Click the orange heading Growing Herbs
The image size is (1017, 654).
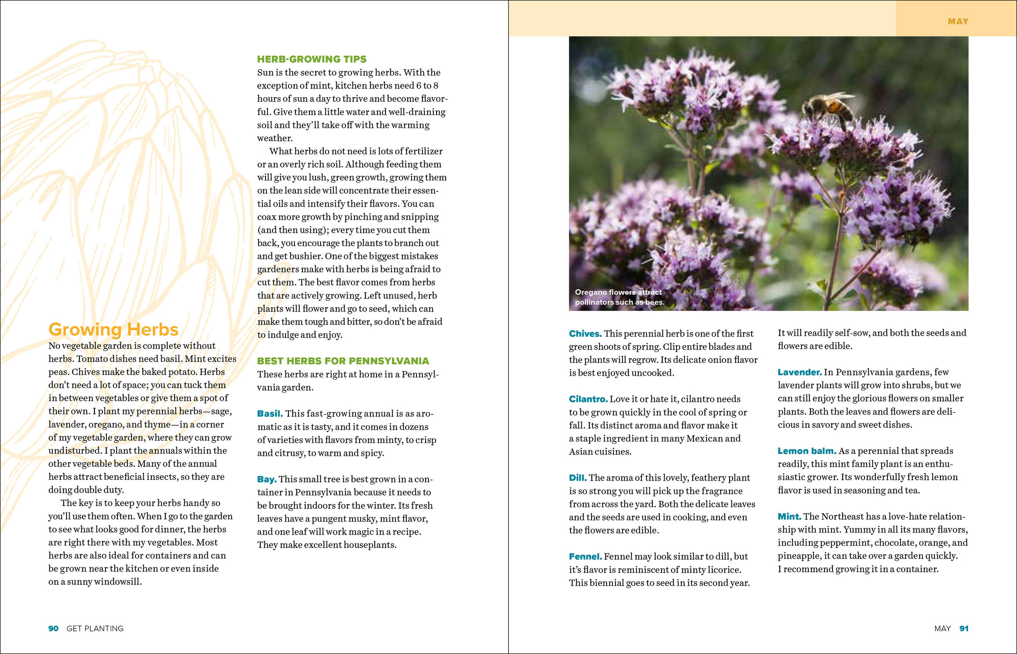coord(113,330)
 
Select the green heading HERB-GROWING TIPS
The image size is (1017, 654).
coord(311,59)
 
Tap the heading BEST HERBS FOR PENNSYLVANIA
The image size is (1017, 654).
coord(343,361)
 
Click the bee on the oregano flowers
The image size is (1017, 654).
coord(828,106)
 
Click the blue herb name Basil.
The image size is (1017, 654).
coord(270,414)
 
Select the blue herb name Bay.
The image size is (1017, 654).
coord(266,479)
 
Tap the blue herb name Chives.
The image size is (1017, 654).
coord(585,334)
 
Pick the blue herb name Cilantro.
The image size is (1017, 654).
coord(588,399)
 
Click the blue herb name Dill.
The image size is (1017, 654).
coord(577,478)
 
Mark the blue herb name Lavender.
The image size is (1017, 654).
coord(799,373)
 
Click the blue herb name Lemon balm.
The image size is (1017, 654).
coord(807,451)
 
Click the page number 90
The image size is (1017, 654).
coord(54,629)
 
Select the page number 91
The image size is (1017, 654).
coord(964,629)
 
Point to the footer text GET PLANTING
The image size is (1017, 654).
coord(95,629)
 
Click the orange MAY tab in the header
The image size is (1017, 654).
coord(958,21)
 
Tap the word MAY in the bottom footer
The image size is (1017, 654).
coord(942,629)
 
